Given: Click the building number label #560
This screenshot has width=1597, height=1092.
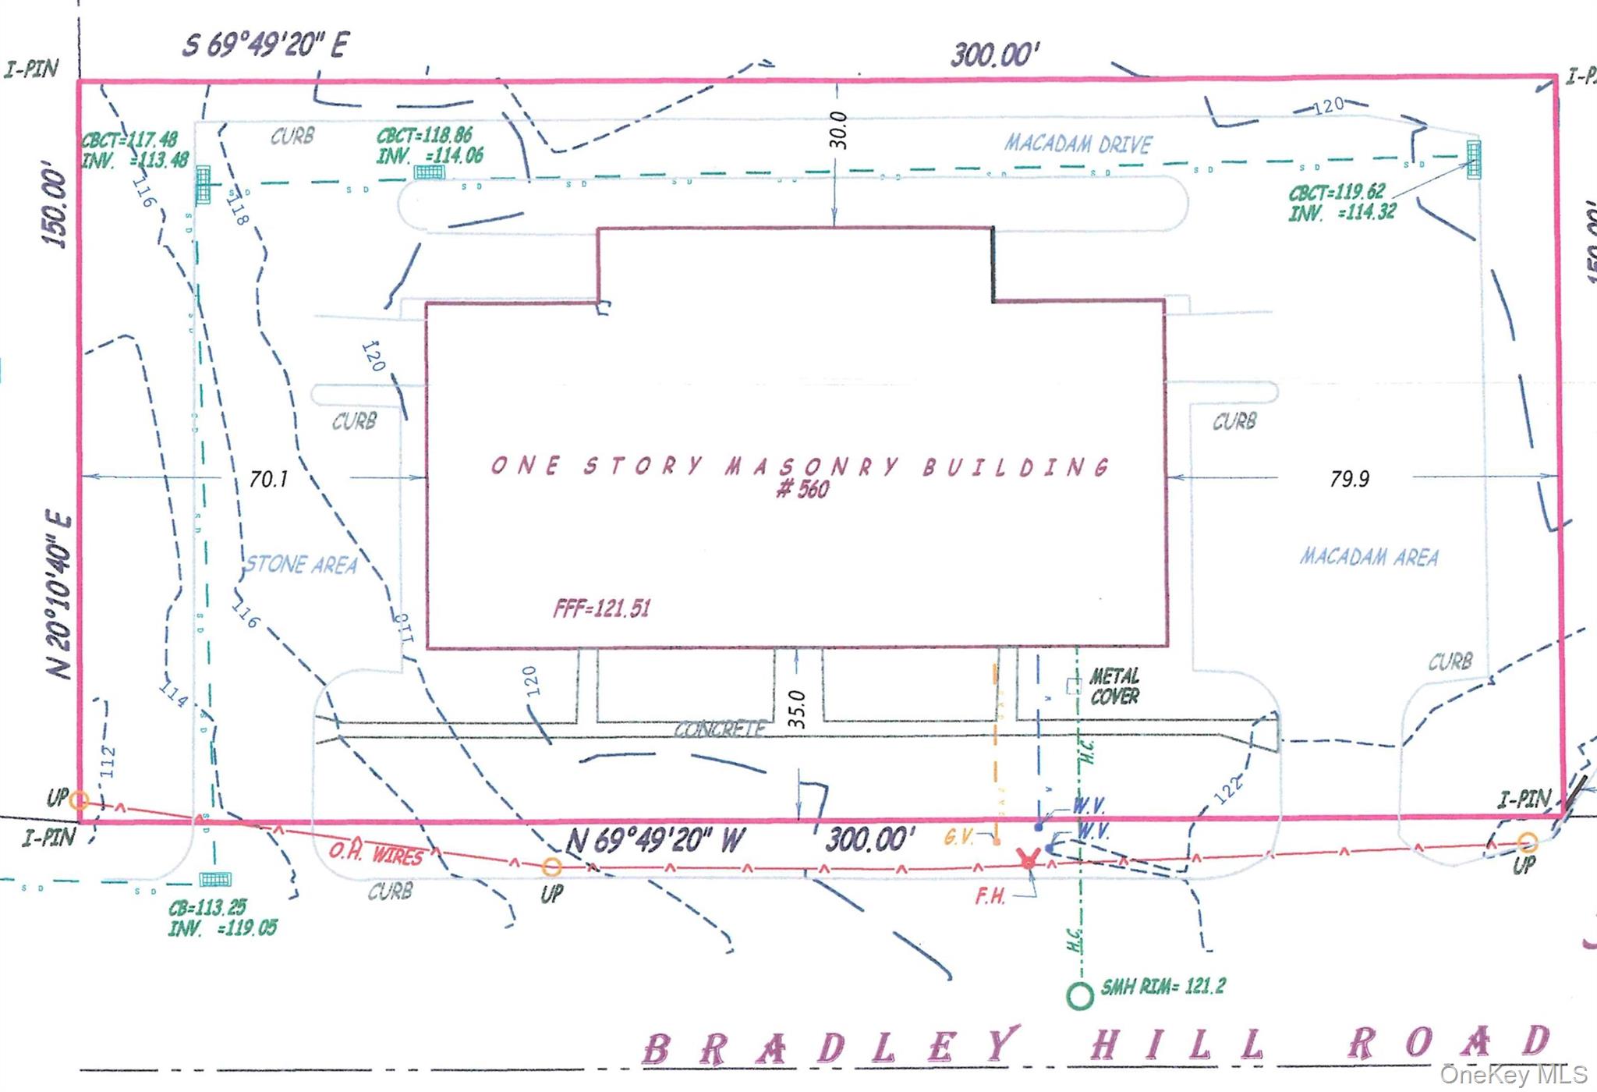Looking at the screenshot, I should tap(802, 490).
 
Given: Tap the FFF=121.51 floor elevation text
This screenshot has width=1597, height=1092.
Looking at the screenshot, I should tap(601, 608).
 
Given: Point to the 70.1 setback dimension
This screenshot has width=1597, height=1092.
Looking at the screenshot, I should tap(268, 479).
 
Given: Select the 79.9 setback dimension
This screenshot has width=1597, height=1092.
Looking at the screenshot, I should tap(1349, 479).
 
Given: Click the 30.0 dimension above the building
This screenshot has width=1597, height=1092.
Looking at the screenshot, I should tap(837, 130).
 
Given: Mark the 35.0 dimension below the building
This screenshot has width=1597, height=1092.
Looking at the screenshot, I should tap(796, 708).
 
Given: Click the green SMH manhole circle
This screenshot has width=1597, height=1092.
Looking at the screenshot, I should tap(1080, 995).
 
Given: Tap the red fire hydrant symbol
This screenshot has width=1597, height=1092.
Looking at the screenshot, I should tap(1029, 859).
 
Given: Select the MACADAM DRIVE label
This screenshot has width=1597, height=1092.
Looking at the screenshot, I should tap(1078, 144).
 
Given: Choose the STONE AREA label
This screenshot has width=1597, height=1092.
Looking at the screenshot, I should tap(301, 565).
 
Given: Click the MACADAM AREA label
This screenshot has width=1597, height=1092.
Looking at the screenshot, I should tap(1369, 557).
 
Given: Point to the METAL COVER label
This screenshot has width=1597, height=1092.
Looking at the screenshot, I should tap(1114, 686).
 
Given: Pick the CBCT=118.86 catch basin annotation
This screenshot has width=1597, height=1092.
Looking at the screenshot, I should tap(425, 136).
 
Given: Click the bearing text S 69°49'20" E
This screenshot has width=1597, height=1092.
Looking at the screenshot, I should tap(266, 44).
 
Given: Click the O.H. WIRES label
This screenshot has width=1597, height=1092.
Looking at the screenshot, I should tap(375, 854).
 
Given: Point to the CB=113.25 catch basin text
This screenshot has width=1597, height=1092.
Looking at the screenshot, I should tap(207, 908).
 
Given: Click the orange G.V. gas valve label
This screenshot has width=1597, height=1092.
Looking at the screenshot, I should tap(958, 838).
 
